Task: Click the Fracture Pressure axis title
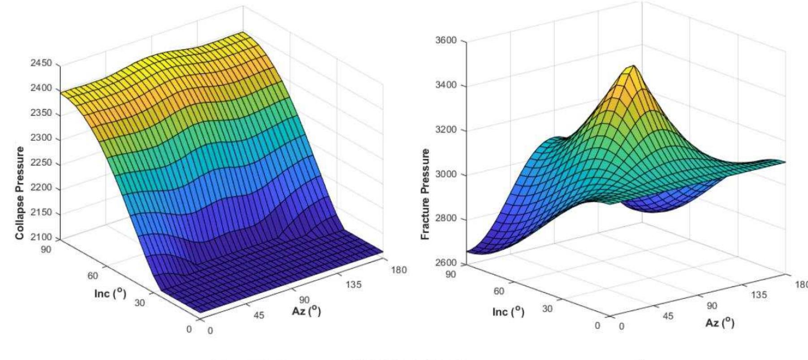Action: pos(425,194)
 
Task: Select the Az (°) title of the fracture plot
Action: pos(720,322)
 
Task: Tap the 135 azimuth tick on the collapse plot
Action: pos(354,285)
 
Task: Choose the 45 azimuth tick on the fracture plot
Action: pos(668,317)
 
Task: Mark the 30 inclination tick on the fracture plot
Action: pos(547,308)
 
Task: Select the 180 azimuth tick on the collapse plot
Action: pos(398,270)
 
